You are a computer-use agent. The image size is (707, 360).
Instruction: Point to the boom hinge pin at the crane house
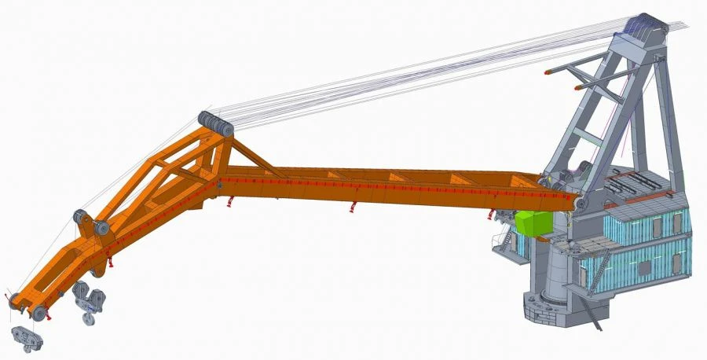coord(579,203)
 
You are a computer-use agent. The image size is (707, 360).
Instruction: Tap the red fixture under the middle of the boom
coord(353,207)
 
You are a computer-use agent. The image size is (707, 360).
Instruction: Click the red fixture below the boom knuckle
coord(229,202)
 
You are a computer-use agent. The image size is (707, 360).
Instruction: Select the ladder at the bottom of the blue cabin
coord(599,275)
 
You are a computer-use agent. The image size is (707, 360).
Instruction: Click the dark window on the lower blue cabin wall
coord(643,267)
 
